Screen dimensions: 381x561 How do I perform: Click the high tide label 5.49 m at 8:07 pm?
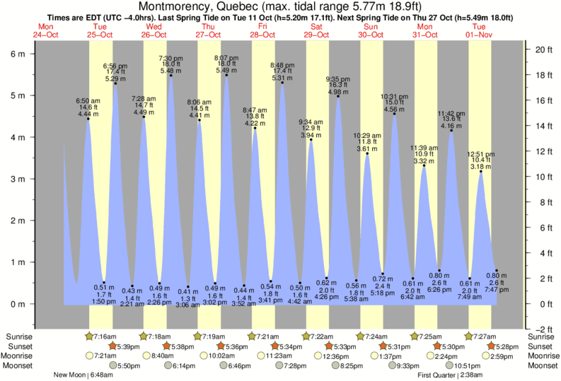click(226, 70)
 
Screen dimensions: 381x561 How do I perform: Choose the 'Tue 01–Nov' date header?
click(480, 30)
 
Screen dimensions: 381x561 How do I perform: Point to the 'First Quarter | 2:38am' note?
click(450, 375)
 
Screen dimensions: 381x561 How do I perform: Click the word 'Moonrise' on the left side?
click(20, 356)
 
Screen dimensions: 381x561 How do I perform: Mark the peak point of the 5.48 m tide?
click(171, 76)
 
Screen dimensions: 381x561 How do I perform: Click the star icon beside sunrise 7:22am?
click(306, 336)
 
